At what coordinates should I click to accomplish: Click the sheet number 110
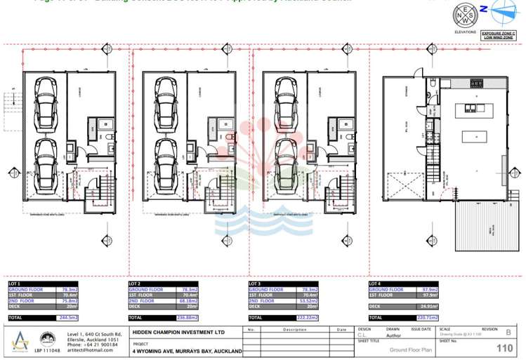tap(504, 347)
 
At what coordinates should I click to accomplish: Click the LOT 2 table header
tap(135, 284)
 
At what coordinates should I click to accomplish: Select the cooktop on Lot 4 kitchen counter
tap(478, 83)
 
